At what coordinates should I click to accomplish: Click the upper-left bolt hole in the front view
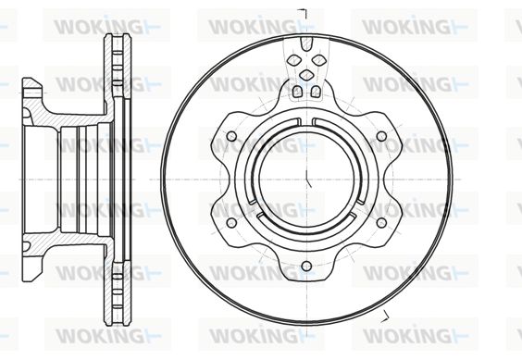pyautogui.click(x=231, y=136)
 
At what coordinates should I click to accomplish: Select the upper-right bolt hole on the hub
pyautogui.click(x=381, y=136)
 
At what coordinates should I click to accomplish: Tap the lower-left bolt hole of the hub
pyautogui.click(x=231, y=223)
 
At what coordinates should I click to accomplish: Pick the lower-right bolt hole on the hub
pyautogui.click(x=381, y=223)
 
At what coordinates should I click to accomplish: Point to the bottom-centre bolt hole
pyautogui.click(x=306, y=267)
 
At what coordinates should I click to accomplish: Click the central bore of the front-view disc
pyautogui.click(x=306, y=180)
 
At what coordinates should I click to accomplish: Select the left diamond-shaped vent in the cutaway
pyautogui.click(x=294, y=60)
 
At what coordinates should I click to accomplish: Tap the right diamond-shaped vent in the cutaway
pyautogui.click(x=318, y=60)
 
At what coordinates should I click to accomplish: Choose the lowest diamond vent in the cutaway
pyautogui.click(x=306, y=75)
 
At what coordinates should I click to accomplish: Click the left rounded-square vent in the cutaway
pyautogui.click(x=297, y=92)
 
